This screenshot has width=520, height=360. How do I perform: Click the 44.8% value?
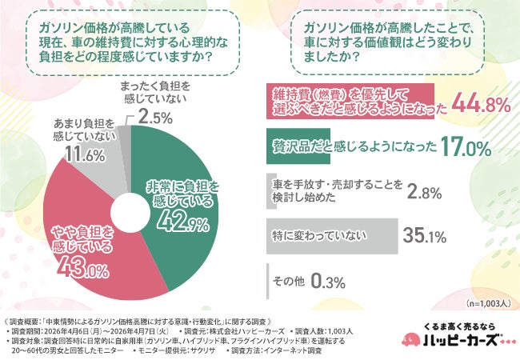click(481, 103)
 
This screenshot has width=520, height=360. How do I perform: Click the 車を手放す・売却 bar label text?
click(336, 191)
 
